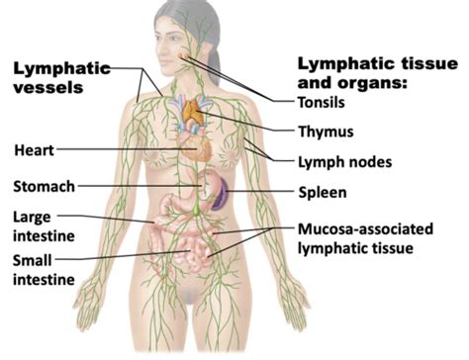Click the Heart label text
tap(35, 150)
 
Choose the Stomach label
tap(43, 185)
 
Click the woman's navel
tap(188, 237)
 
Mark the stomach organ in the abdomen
tap(210, 184)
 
